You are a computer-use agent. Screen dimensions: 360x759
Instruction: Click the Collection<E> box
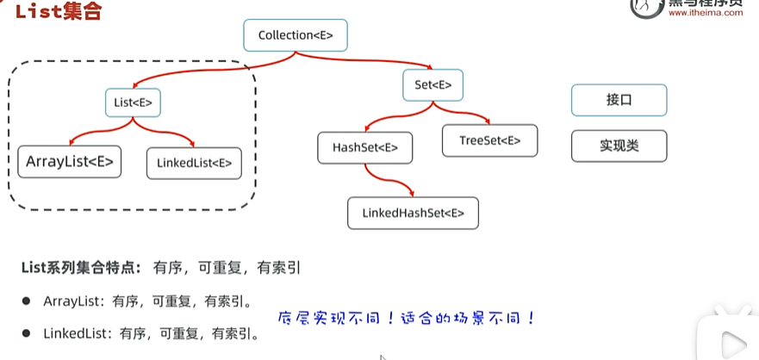[296, 35]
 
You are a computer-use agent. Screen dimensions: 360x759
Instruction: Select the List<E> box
[133, 103]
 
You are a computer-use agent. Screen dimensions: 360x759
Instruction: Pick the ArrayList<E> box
[70, 161]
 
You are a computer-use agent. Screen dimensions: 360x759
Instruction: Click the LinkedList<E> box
[195, 163]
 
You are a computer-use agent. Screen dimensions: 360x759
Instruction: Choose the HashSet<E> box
[365, 147]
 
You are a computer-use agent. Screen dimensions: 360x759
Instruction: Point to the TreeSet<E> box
[489, 140]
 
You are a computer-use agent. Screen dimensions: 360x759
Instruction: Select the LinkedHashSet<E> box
[413, 213]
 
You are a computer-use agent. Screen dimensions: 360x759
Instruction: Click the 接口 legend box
[619, 100]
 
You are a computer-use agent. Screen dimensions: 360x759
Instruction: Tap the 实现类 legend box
[619, 146]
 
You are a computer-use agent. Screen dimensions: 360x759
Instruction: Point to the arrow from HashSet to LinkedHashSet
[388, 182]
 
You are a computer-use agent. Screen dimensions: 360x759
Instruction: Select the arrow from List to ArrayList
[90, 129]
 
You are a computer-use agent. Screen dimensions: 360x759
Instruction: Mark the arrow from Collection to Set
[379, 62]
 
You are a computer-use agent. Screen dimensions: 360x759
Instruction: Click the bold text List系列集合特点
[82, 268]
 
